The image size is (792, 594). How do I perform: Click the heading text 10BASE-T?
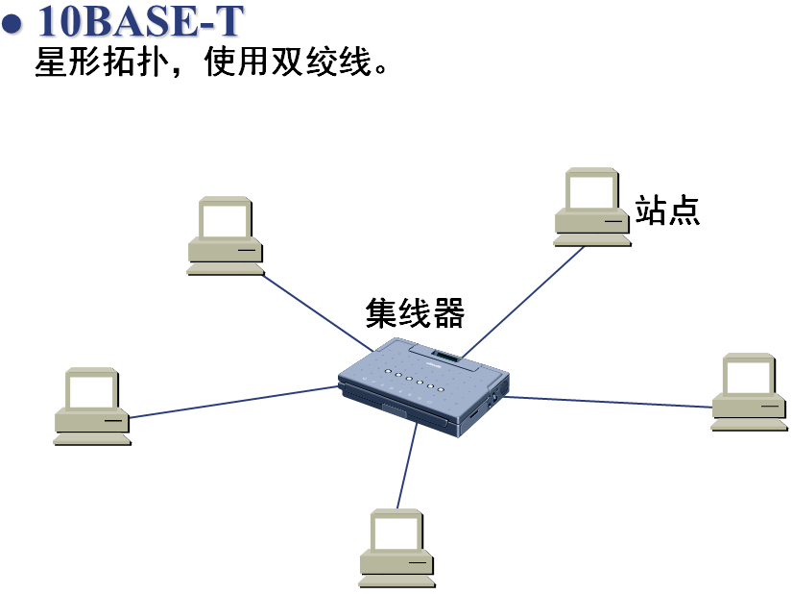[138, 21]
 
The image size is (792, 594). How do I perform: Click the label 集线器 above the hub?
[415, 313]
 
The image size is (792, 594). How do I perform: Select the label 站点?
[667, 209]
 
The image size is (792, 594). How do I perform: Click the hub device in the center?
[422, 384]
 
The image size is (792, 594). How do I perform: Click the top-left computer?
[226, 236]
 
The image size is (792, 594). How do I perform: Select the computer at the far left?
[92, 406]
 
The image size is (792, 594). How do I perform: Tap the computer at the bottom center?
[397, 547]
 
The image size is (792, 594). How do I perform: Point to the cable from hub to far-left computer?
[235, 402]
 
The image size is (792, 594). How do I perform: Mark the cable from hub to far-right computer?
[610, 402]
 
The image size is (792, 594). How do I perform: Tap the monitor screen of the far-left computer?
[92, 389]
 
